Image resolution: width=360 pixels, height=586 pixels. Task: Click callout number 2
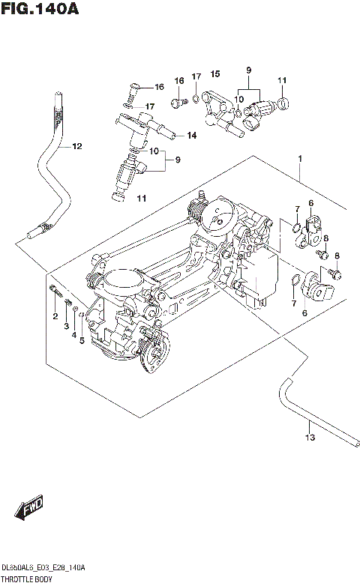(55, 317)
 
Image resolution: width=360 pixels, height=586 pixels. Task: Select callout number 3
(66, 327)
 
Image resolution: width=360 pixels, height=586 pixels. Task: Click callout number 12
(76, 146)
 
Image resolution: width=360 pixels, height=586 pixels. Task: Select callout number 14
(191, 136)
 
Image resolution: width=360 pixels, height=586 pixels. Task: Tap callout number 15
(214, 73)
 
